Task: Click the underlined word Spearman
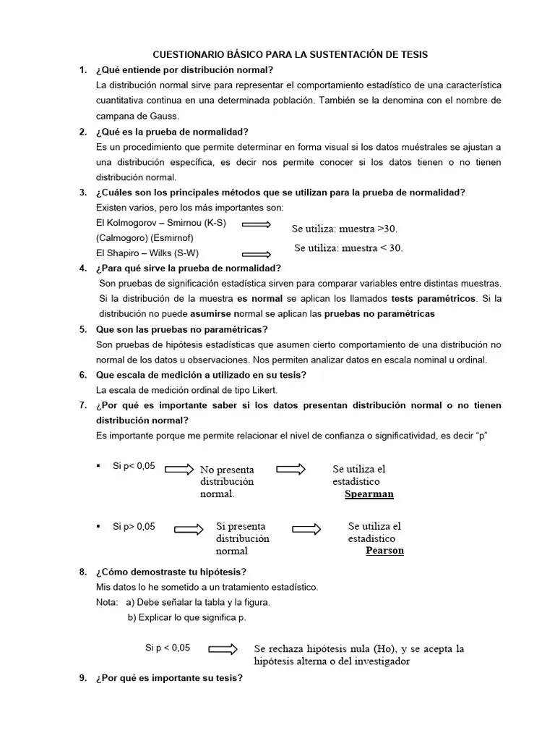[369, 494]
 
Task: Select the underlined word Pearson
[384, 551]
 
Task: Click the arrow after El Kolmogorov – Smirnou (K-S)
[256, 224]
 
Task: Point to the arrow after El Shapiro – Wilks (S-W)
[256, 254]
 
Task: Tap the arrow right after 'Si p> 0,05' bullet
[190, 529]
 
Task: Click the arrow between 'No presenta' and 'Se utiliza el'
[291, 469]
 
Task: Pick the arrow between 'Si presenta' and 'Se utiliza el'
[306, 529]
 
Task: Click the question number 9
[83, 679]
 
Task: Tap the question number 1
[83, 70]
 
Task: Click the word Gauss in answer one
[163, 116]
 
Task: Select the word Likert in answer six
[262, 390]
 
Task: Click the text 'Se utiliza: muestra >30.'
[345, 229]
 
